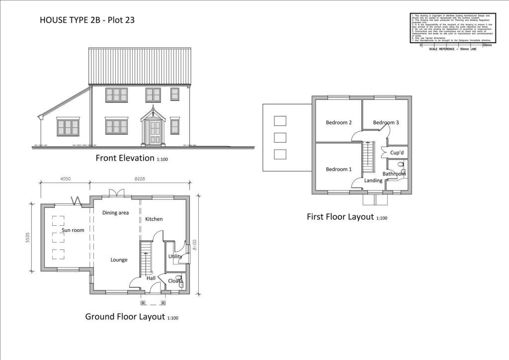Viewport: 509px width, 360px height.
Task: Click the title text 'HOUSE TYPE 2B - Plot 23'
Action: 87,20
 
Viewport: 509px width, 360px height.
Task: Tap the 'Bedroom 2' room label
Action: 339,122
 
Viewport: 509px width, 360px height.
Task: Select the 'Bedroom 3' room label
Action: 386,122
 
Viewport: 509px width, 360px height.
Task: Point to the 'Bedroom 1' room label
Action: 339,169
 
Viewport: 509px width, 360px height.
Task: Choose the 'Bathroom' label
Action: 394,174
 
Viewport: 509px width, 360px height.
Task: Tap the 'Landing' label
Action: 373,180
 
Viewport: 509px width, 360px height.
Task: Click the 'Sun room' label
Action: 73,230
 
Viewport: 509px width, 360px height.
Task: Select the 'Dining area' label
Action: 115,213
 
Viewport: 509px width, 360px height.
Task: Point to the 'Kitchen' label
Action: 154,219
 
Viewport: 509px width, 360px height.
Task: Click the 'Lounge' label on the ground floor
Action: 119,260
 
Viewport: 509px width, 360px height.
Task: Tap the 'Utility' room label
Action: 175,256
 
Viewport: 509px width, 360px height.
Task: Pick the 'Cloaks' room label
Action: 175,281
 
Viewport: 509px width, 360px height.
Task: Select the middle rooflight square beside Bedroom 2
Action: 280,137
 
